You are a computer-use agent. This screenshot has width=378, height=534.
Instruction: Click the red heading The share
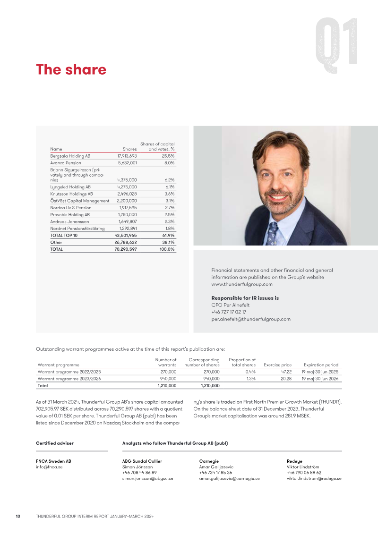[71, 70]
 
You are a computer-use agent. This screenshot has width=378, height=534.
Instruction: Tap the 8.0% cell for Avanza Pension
[169, 163]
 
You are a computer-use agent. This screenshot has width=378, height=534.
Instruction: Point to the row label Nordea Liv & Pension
[71, 208]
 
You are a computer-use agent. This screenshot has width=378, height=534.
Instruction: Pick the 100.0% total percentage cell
[167, 249]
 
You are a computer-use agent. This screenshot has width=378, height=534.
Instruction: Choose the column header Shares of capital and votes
[157, 146]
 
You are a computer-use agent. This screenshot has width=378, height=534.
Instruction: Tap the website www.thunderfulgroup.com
[242, 285]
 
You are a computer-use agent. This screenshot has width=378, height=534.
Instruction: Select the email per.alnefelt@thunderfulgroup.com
[251, 319]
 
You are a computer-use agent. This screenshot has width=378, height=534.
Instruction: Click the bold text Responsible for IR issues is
[245, 298]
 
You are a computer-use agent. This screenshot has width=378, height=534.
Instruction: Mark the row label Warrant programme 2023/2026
[69, 379]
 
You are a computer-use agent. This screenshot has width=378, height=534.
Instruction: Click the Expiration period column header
[321, 365]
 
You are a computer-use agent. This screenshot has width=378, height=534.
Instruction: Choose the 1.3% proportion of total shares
[251, 379]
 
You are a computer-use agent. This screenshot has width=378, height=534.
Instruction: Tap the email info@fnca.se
[49, 467]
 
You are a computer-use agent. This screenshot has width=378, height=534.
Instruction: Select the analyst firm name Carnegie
[209, 461]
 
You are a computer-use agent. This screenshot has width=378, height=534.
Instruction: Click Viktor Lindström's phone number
[304, 473]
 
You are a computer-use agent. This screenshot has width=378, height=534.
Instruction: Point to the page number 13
[18, 517]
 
